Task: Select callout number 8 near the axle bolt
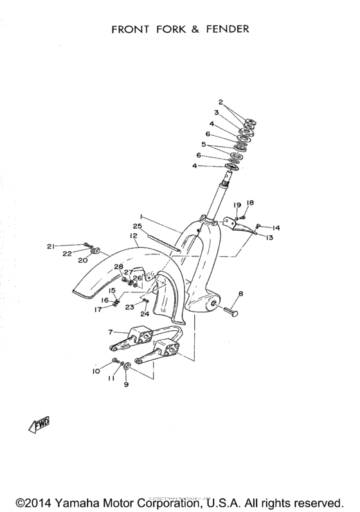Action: pos(240,294)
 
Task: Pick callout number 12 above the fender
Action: pos(134,236)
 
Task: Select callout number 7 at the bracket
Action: pos(111,331)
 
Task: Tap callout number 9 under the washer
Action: pos(126,384)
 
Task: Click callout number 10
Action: pos(96,371)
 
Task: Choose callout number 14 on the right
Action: pos(276,227)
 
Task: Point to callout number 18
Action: pos(251,202)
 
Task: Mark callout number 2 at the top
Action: pos(221,102)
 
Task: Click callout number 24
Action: pos(145,314)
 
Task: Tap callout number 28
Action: pos(118,267)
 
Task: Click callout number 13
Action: pos(269,238)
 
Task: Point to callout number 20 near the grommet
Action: pos(82,261)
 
